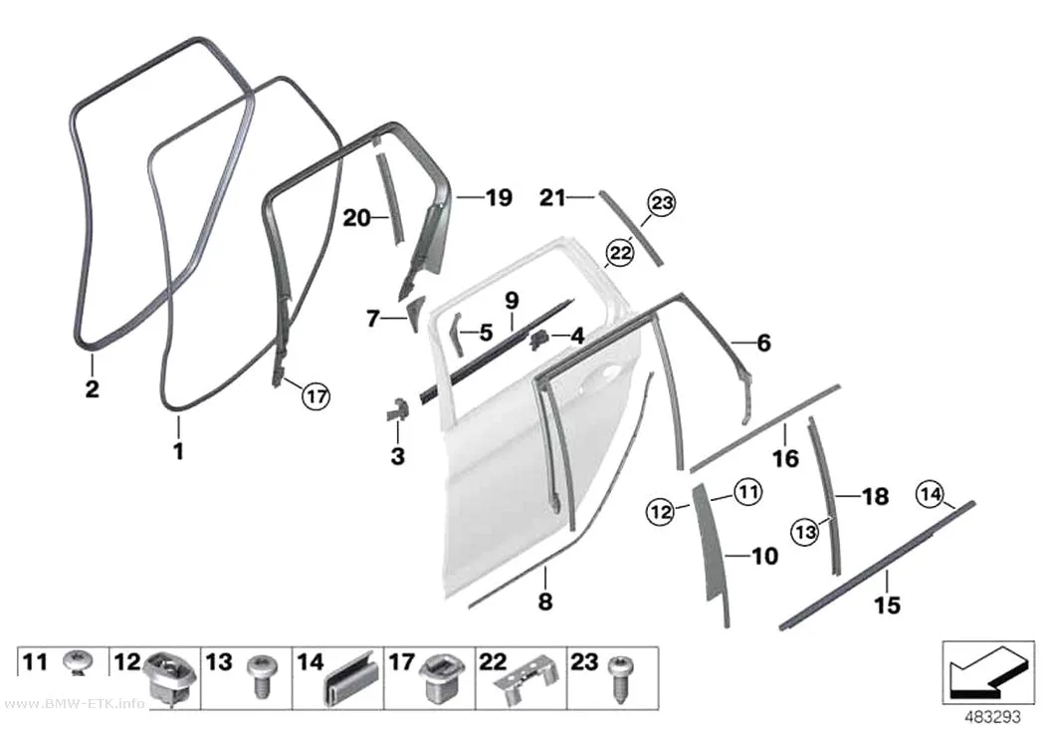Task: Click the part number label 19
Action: click(499, 197)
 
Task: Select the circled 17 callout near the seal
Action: click(315, 396)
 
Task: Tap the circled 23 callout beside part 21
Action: click(661, 202)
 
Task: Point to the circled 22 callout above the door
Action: click(620, 253)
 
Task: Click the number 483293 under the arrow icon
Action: click(993, 717)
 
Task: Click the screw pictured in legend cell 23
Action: click(622, 676)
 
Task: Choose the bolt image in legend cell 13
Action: click(259, 674)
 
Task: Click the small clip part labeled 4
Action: click(538, 339)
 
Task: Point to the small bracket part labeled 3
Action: click(397, 408)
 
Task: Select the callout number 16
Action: click(785, 458)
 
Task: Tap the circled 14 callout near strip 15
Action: click(930, 494)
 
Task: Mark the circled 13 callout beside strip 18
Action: click(806, 532)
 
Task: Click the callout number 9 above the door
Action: click(512, 300)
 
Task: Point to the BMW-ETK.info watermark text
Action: click(74, 704)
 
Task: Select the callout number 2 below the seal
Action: click(92, 388)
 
